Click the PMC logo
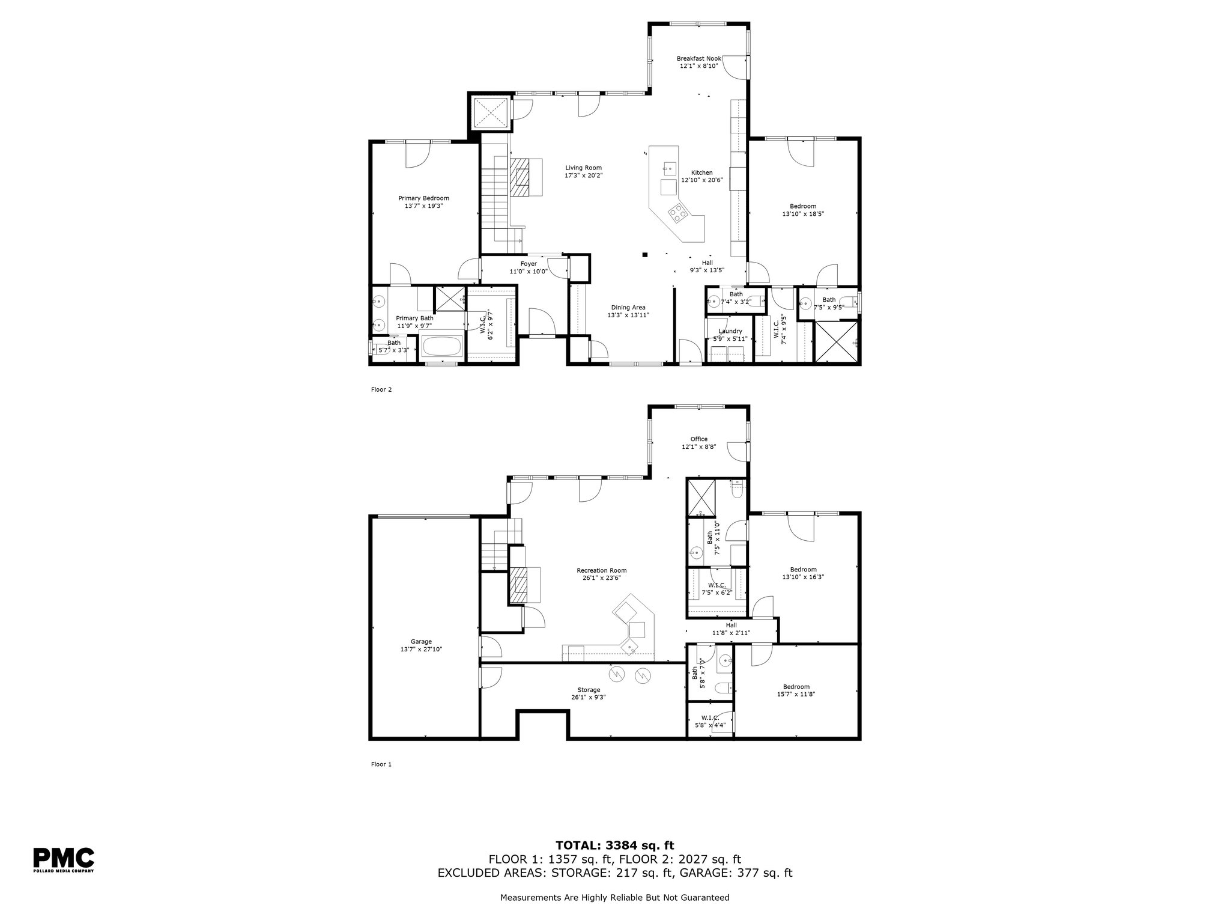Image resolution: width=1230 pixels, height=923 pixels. pyautogui.click(x=63, y=859)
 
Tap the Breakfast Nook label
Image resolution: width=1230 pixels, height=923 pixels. pyautogui.click(x=699, y=58)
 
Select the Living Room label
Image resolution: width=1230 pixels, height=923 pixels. pyautogui.click(x=583, y=168)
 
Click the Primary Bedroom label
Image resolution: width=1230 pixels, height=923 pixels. pyautogui.click(x=424, y=198)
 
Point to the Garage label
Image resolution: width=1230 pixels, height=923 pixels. pyautogui.click(x=421, y=642)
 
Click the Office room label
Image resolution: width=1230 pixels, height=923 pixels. pyautogui.click(x=699, y=439)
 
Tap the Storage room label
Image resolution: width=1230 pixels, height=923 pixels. pyautogui.click(x=589, y=690)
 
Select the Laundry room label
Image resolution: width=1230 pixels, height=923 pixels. pyautogui.click(x=730, y=331)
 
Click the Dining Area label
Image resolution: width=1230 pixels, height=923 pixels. pyautogui.click(x=628, y=307)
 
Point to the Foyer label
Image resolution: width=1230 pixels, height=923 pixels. pyautogui.click(x=529, y=264)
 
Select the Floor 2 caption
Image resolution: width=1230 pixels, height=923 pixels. pyautogui.click(x=381, y=389)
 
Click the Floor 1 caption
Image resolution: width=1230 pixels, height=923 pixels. pyautogui.click(x=381, y=764)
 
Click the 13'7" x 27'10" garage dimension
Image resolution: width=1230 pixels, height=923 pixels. pyautogui.click(x=421, y=649)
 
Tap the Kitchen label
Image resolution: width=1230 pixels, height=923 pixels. pyautogui.click(x=701, y=172)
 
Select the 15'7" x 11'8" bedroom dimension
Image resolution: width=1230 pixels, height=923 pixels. pyautogui.click(x=796, y=693)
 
